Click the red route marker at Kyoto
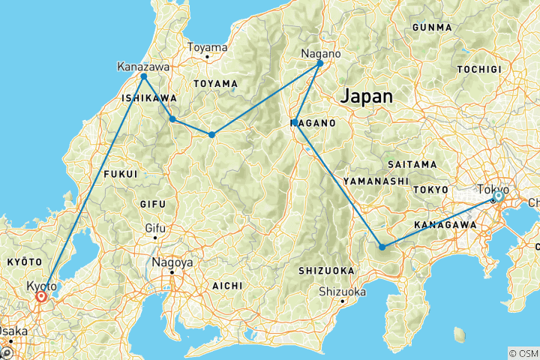(40, 297)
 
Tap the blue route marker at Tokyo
(497, 196)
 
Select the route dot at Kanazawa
(143, 76)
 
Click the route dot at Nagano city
(320, 63)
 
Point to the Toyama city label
(206, 47)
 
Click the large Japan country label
(367, 96)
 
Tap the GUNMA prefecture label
(432, 28)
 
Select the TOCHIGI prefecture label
(478, 68)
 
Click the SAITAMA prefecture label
(412, 163)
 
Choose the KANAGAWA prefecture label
(445, 224)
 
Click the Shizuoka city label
(341, 292)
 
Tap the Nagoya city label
(172, 263)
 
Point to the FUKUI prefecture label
(120, 173)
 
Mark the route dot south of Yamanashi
(382, 247)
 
